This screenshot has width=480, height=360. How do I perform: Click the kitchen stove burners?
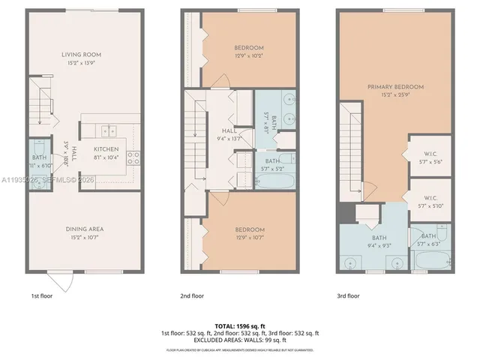tap(134, 157)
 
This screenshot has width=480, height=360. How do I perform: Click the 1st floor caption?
tap(41, 296)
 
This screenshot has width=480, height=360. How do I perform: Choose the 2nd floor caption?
tap(193, 296)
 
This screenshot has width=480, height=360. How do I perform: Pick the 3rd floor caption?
tap(349, 296)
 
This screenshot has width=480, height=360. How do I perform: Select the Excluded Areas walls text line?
tap(240, 340)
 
